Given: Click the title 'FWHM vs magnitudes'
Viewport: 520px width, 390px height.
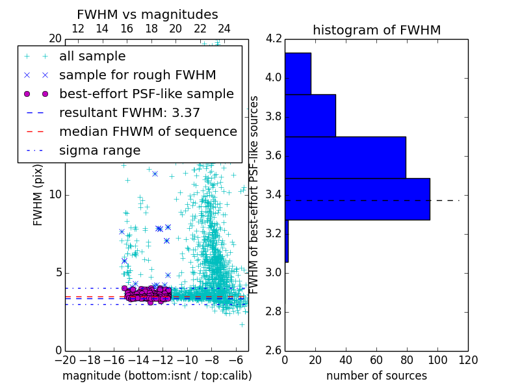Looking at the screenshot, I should pyautogui.click(x=147, y=14).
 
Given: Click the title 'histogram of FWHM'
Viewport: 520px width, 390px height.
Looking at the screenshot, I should pyautogui.click(x=376, y=30).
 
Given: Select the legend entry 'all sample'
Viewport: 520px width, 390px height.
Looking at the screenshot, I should pyautogui.click(x=92, y=57).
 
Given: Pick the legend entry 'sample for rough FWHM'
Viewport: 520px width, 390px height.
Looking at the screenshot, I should pyautogui.click(x=137, y=75).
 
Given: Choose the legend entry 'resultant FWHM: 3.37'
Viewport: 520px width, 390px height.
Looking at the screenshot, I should pyautogui.click(x=129, y=113).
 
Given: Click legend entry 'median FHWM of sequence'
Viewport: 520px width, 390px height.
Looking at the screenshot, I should pyautogui.click(x=148, y=132).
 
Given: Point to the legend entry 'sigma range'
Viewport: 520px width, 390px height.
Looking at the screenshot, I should pyautogui.click(x=99, y=151).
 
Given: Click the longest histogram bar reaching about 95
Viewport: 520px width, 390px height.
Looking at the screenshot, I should pyautogui.click(x=357, y=199).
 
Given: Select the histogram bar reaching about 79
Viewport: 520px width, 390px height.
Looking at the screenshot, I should pyautogui.click(x=345, y=157).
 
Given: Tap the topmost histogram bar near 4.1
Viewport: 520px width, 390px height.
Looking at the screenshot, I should pyautogui.click(x=298, y=73).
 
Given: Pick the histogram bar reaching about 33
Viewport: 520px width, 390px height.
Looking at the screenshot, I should pyautogui.click(x=310, y=115).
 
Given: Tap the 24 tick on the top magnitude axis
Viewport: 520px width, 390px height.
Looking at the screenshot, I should pyautogui.click(x=224, y=29).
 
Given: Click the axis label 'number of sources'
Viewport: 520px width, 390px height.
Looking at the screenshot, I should pyautogui.click(x=376, y=376).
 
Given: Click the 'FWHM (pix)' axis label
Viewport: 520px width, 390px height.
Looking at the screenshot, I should pyautogui.click(x=38, y=194).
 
